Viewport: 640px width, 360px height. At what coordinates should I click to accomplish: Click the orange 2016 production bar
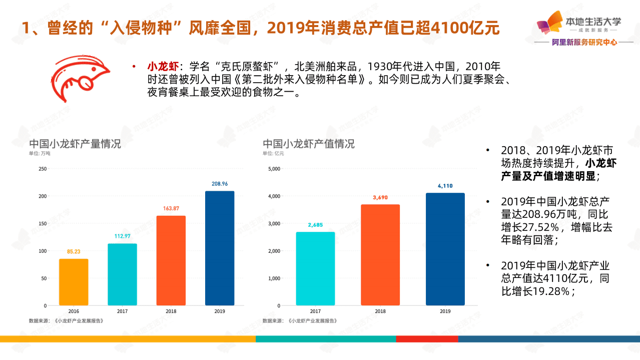coord(74,282)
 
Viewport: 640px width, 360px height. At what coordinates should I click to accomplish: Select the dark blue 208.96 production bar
coord(220,248)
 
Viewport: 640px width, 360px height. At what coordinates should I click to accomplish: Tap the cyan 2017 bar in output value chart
coord(315,268)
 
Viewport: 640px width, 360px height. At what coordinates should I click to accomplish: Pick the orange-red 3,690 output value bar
coord(380,254)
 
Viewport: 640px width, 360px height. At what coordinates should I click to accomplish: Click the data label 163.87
coord(171,208)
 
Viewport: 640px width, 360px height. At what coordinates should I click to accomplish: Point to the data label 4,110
coord(445,186)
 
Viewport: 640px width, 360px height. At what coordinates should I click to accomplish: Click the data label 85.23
coord(74,251)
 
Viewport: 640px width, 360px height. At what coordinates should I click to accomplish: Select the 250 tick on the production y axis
coord(43,169)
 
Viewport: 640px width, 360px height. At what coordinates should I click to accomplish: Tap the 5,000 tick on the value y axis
coord(274,169)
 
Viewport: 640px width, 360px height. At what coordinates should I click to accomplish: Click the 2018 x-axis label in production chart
coord(171,311)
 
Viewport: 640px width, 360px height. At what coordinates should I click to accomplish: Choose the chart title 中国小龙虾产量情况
coord(75,144)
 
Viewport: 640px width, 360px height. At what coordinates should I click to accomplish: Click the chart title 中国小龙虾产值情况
coord(309,144)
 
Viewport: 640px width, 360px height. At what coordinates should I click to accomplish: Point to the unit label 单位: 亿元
coord(273,154)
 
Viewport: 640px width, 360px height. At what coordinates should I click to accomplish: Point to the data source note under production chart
coord(66,320)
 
